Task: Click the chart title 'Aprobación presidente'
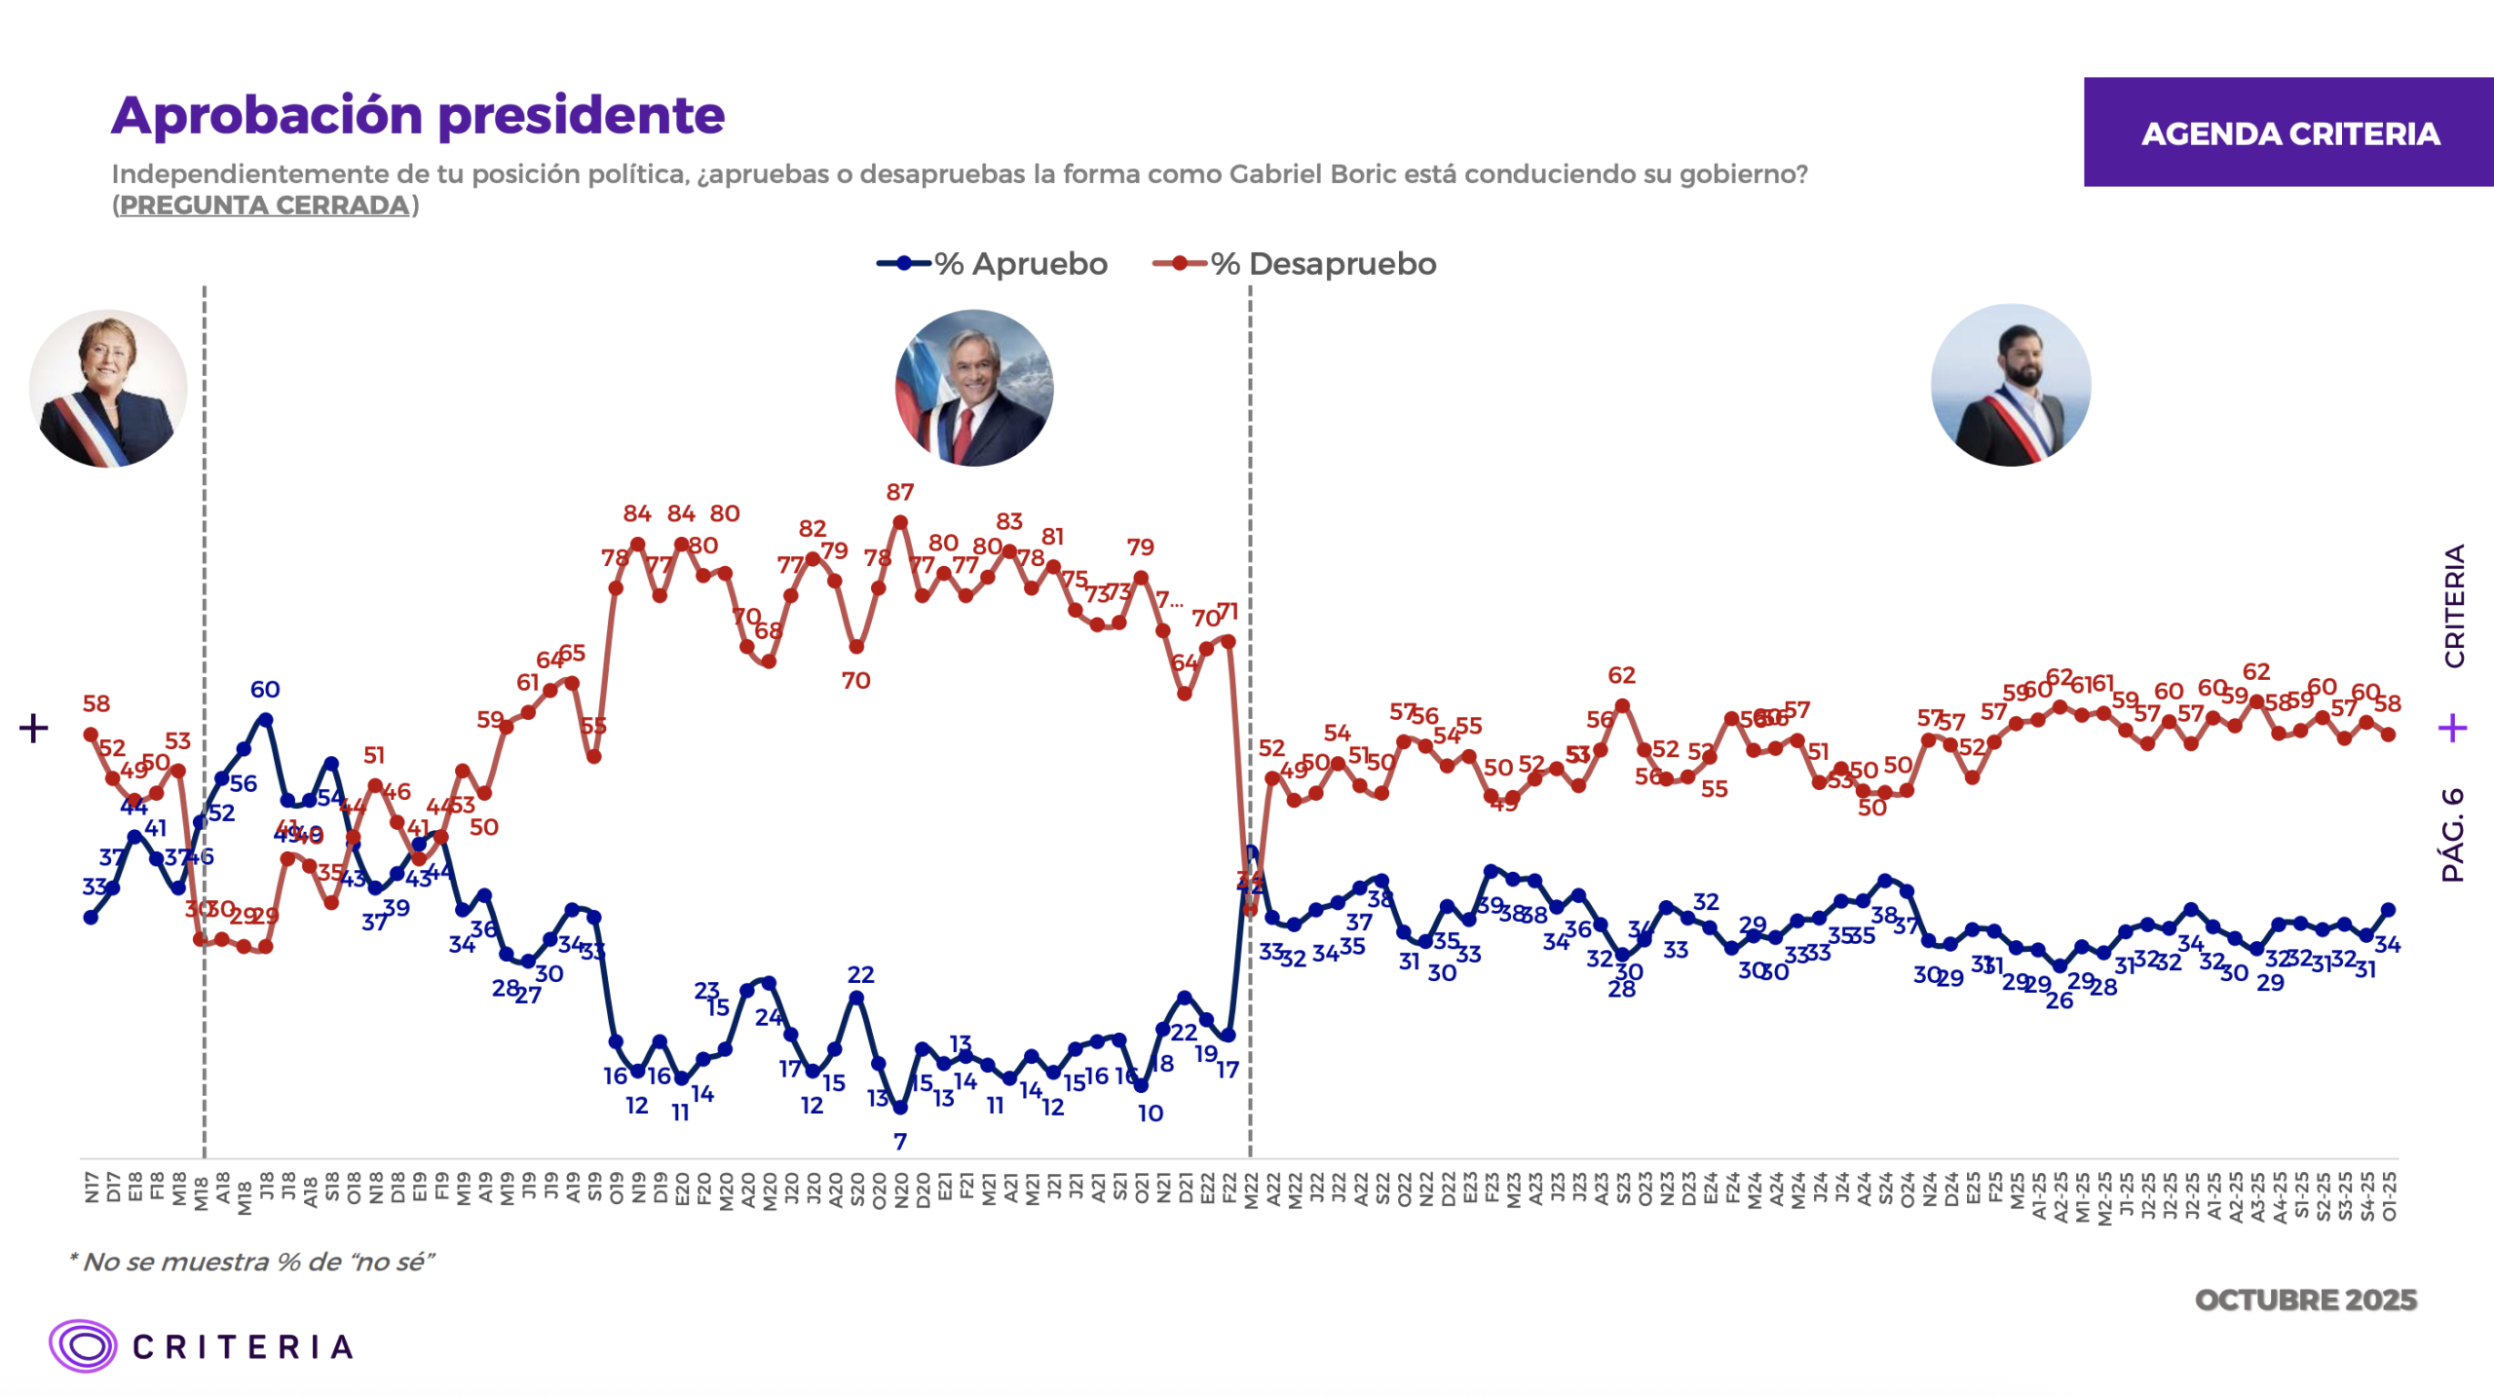pos(418,116)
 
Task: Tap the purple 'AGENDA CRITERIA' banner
pos(2288,132)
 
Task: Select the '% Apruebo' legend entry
pos(993,264)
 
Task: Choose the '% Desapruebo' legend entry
pos(1295,264)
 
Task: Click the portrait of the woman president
pos(108,389)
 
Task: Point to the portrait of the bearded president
pos(2010,386)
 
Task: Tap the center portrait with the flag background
pos(973,388)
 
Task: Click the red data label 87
pos(899,493)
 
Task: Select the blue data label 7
pos(899,1141)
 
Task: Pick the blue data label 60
pos(264,690)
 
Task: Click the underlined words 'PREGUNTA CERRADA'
pos(265,206)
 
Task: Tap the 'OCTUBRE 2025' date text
pos(2305,1300)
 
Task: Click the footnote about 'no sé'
pos(251,1262)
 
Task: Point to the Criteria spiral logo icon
pos(84,1346)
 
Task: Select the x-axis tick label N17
pos(92,1187)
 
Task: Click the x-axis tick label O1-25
pos(2388,1194)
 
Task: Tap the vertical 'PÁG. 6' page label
pos(2452,834)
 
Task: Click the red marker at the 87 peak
pos(900,523)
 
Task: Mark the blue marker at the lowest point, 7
pos(900,1108)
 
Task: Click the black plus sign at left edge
pos(34,728)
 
